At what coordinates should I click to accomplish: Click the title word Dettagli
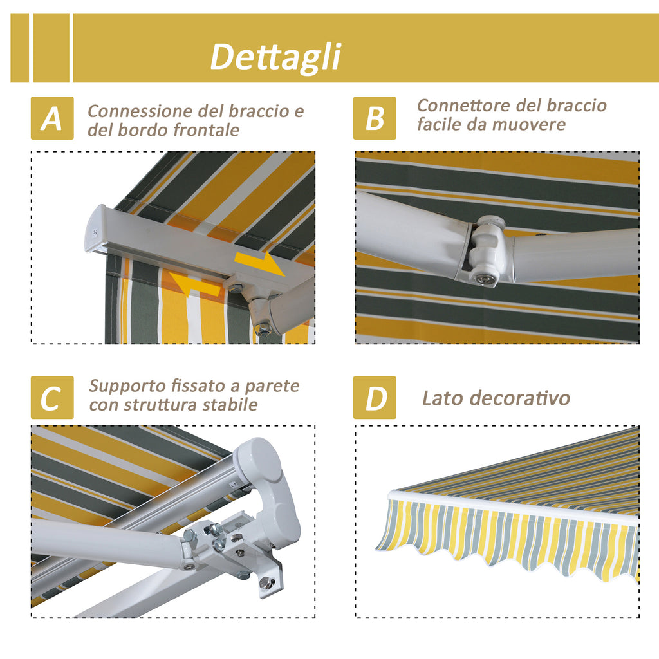[275, 57]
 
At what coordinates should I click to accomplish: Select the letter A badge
[52, 118]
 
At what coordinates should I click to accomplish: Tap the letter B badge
[375, 118]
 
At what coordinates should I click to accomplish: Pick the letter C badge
[52, 398]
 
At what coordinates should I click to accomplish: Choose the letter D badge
[375, 398]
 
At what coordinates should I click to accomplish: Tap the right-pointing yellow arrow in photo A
[259, 263]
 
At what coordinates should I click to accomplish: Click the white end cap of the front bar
[96, 229]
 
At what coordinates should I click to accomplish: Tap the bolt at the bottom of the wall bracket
[266, 582]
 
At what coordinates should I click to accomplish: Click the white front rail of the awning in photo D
[513, 508]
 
